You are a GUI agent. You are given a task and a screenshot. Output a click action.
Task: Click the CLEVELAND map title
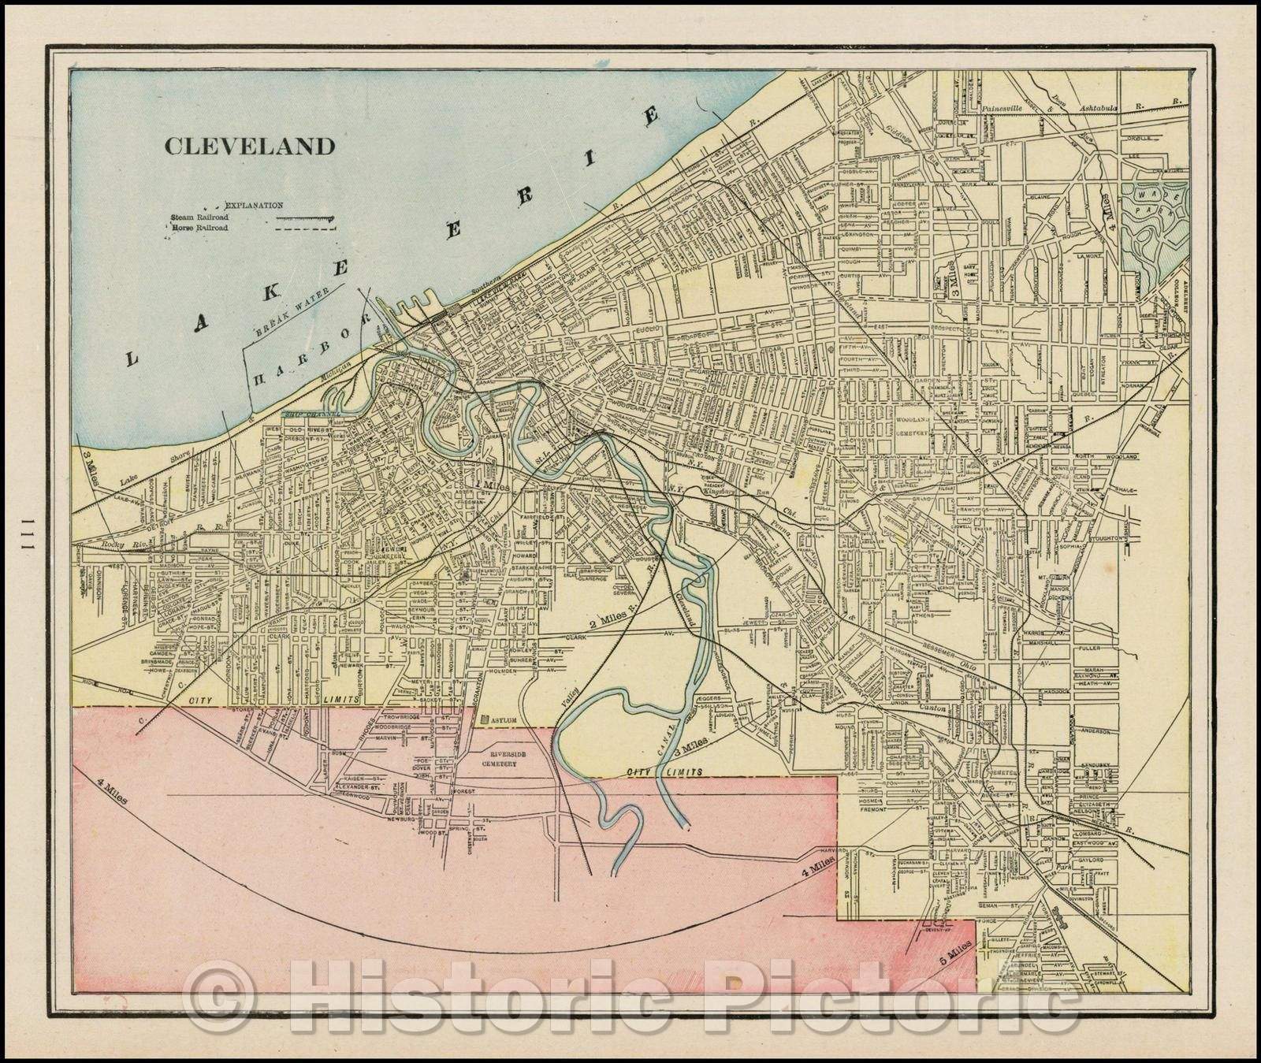(x=249, y=147)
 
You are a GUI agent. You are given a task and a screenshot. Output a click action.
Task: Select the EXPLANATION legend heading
(x=254, y=205)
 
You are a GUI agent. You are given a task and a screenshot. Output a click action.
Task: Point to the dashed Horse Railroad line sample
(x=305, y=228)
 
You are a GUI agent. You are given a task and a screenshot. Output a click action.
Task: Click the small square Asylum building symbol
(x=485, y=719)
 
